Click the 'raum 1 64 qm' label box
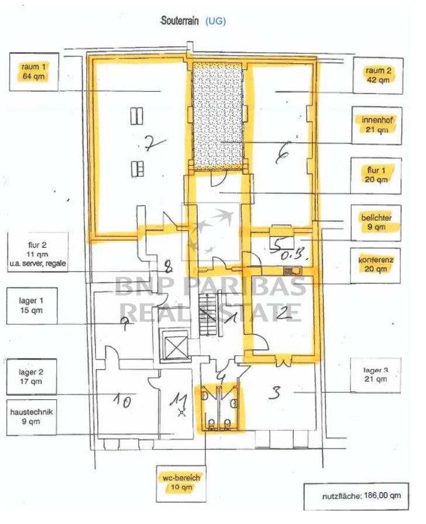coord(34,72)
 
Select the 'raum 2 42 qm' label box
coord(378,75)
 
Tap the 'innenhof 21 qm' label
coord(377,125)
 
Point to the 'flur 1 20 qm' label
coord(376,176)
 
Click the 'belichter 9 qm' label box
coord(376,222)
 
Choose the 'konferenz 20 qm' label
coord(376,265)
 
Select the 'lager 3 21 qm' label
coord(376,375)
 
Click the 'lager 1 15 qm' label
coord(32,306)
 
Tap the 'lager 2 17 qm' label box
coord(32,377)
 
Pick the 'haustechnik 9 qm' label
coord(32,417)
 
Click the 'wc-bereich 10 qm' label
coord(181,483)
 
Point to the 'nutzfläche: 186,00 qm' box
coord(356,496)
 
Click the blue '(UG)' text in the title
coord(215,21)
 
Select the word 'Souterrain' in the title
coord(180,20)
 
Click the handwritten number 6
coord(283,153)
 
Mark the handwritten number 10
coord(122,400)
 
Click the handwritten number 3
coord(275,393)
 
